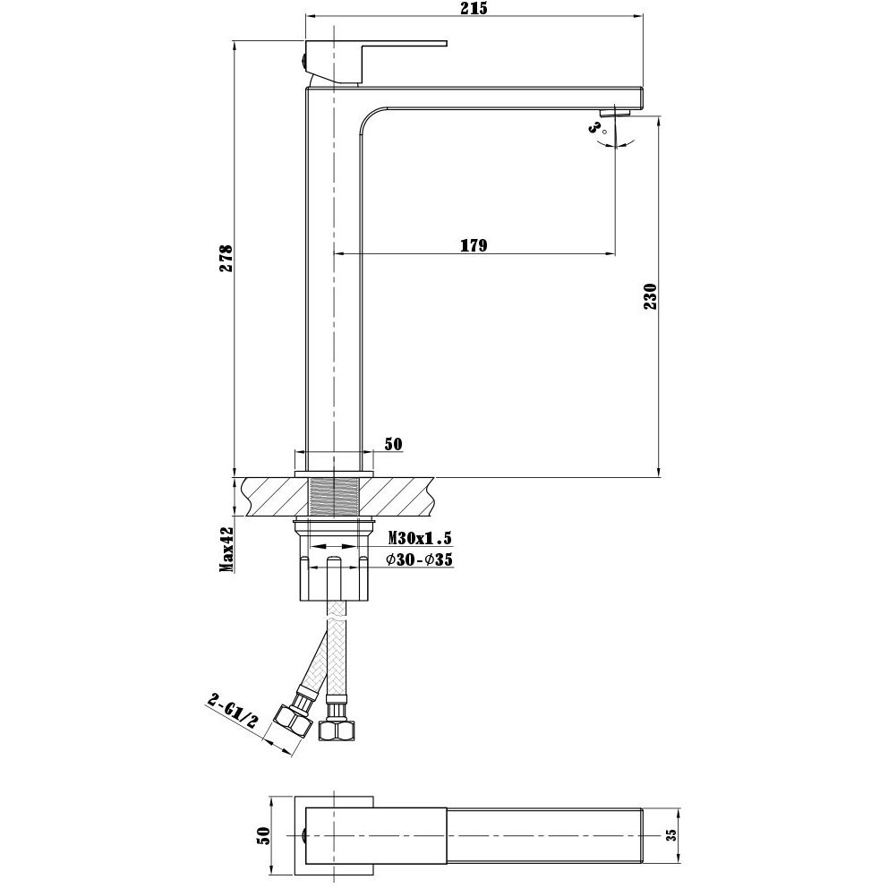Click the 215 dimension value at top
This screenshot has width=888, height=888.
tap(474, 8)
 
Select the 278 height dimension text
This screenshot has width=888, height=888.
tap(226, 259)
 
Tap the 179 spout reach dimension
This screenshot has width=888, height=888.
tap(474, 245)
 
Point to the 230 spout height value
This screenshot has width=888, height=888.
tap(651, 296)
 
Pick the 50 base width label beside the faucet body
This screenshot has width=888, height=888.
tap(393, 445)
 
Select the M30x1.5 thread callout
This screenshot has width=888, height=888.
tap(421, 537)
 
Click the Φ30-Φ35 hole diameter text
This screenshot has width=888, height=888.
tap(421, 559)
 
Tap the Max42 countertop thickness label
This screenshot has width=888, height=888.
tap(227, 548)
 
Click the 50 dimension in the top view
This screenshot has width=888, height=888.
tap(262, 835)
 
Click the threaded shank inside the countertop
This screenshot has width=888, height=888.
tap(334, 497)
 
